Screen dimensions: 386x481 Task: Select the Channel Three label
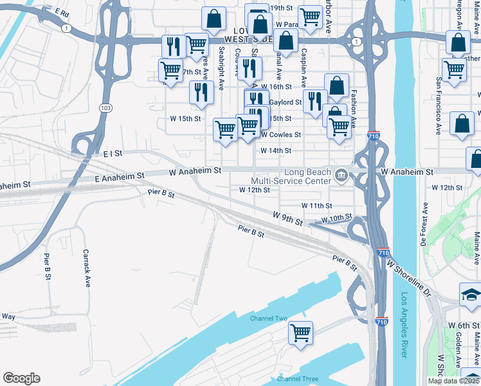(x=297, y=379)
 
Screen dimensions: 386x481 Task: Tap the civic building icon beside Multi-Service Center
(x=341, y=173)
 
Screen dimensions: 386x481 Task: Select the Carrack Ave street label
(x=87, y=268)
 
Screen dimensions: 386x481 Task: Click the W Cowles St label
(x=281, y=134)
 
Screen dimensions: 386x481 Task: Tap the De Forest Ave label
(x=424, y=225)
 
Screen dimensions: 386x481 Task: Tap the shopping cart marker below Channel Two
(x=300, y=333)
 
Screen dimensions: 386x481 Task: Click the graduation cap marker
(x=471, y=295)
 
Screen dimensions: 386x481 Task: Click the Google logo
(x=21, y=378)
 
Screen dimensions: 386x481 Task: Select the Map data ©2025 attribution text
(x=453, y=381)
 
